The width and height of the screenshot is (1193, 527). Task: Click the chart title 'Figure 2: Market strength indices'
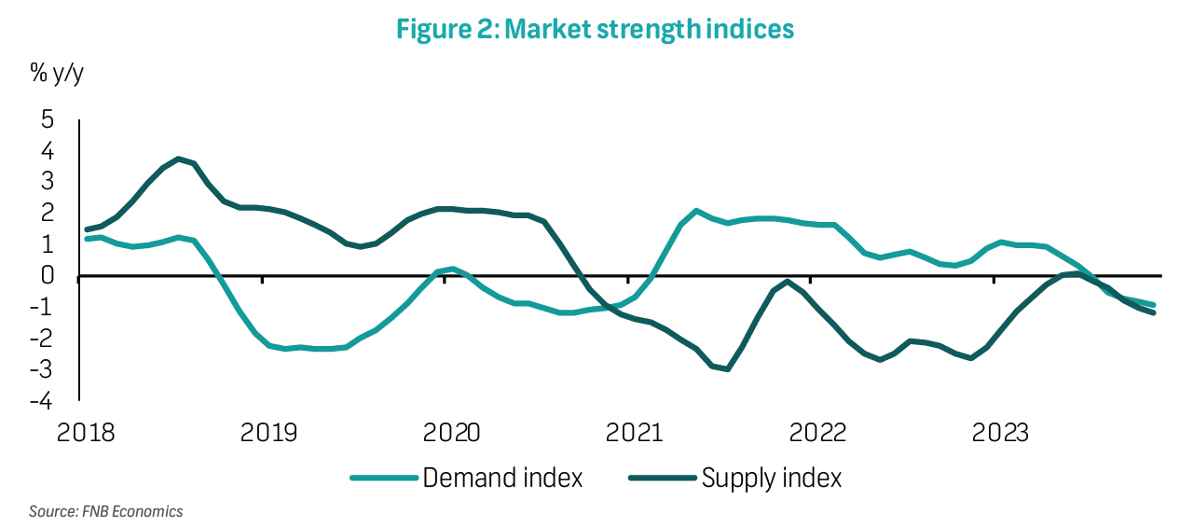click(x=595, y=29)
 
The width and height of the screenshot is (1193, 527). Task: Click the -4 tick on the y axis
click(x=43, y=402)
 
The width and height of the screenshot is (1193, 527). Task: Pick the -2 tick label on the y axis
click(x=43, y=340)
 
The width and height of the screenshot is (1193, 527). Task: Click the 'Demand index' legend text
click(x=502, y=478)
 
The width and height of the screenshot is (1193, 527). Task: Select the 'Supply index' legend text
click(x=772, y=478)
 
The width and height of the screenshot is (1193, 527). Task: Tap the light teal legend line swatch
click(x=383, y=479)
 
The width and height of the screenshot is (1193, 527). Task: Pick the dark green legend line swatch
click(x=663, y=479)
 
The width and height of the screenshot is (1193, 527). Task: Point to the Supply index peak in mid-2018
click(x=178, y=159)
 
